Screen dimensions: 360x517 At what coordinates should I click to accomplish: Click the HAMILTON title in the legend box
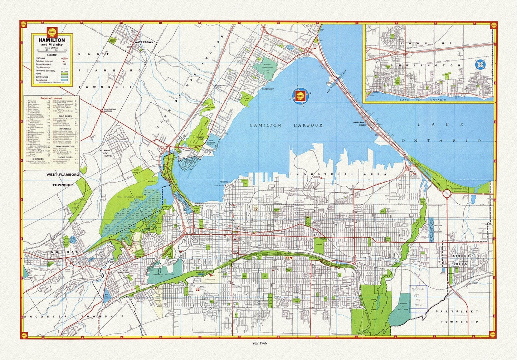tap(52, 40)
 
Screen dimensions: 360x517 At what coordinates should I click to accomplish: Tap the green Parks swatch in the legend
tap(67, 73)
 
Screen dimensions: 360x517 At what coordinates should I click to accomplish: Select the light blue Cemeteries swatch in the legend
tap(67, 80)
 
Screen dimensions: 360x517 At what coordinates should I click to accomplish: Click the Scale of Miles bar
tap(52, 51)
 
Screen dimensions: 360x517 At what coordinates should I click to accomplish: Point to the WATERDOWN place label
tap(143, 42)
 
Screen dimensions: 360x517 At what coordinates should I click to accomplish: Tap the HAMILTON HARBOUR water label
tap(286, 125)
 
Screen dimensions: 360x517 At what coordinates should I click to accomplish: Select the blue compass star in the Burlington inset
tap(480, 65)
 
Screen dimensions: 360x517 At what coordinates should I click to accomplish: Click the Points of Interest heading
tap(51, 98)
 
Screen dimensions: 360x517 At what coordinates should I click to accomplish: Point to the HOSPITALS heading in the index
tap(65, 129)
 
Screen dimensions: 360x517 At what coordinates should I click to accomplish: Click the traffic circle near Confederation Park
tap(447, 194)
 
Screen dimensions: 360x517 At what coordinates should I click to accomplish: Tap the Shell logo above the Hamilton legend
tap(52, 30)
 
